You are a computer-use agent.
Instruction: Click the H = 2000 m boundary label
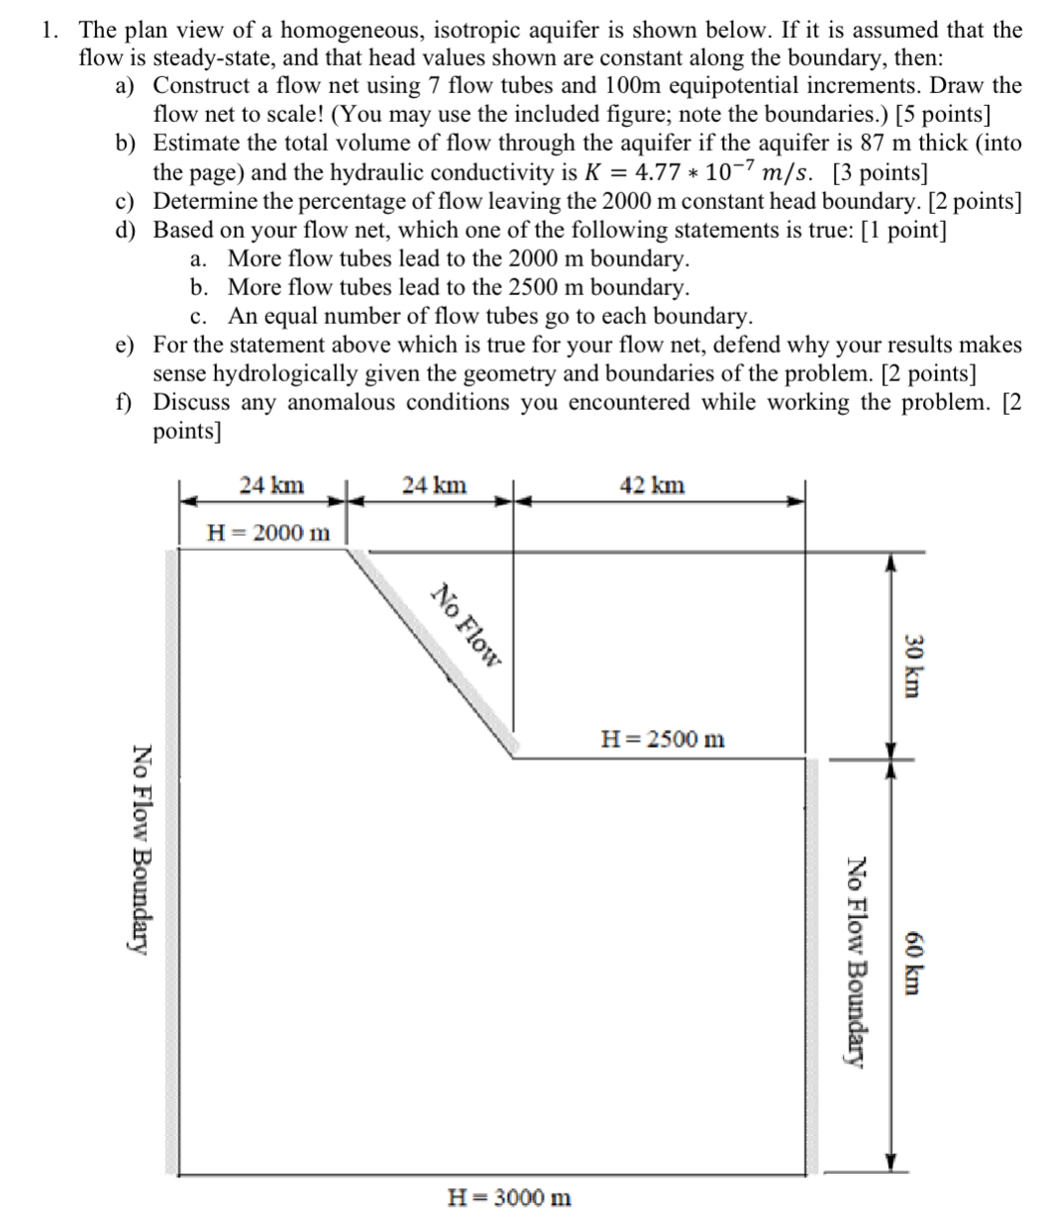[267, 532]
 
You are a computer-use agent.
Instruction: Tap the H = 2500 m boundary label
[663, 739]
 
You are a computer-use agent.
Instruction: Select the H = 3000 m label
[510, 1197]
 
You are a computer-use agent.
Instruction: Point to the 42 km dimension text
[651, 485]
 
